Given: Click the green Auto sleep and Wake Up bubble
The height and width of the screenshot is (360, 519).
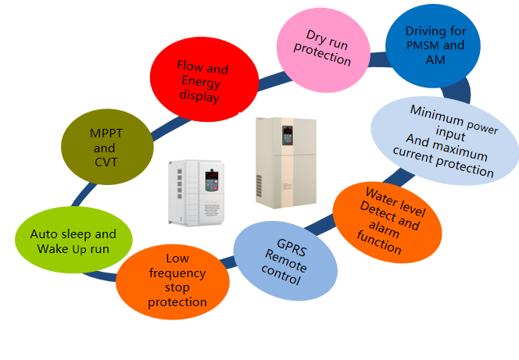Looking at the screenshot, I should (73, 240).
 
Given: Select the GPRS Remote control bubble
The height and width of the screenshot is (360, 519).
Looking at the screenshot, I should (285, 260).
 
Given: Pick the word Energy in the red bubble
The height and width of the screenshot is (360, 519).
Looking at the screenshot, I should (202, 83).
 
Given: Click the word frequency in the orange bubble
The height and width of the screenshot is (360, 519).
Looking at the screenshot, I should (177, 273).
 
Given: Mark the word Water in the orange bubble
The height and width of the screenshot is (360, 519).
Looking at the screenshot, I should (380, 194).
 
